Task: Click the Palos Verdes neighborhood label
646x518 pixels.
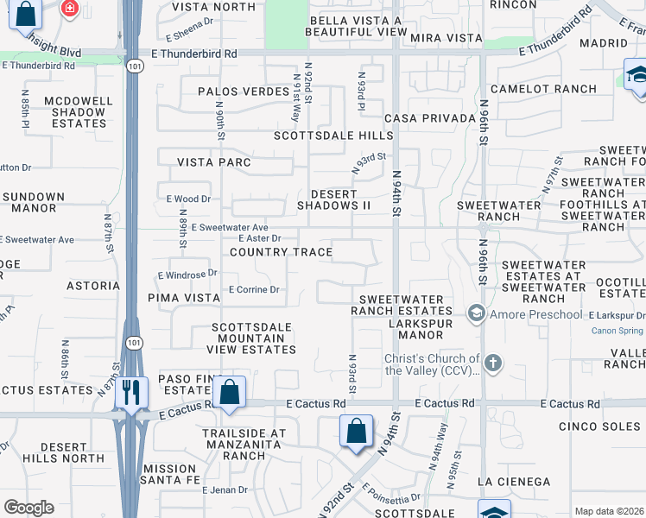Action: click(243, 92)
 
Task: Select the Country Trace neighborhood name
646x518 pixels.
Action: click(281, 252)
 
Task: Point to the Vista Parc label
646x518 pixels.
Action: click(213, 162)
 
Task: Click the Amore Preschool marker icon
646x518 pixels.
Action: click(475, 314)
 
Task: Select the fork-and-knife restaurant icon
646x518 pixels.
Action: click(131, 392)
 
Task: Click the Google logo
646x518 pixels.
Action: click(28, 508)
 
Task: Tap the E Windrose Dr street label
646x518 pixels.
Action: click(187, 275)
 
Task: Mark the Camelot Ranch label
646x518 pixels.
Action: click(543, 89)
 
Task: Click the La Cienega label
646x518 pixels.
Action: click(513, 481)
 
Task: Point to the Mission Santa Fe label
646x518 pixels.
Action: click(170, 475)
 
